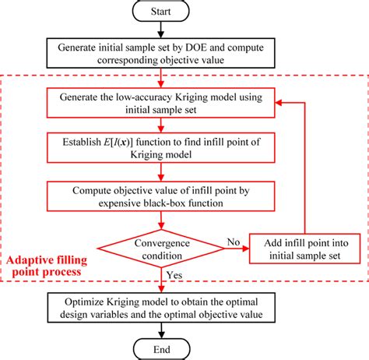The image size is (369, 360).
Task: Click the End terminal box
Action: click(x=160, y=348)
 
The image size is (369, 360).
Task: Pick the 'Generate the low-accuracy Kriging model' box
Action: click(x=160, y=104)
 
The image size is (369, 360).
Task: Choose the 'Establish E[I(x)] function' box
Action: click(x=160, y=147)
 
